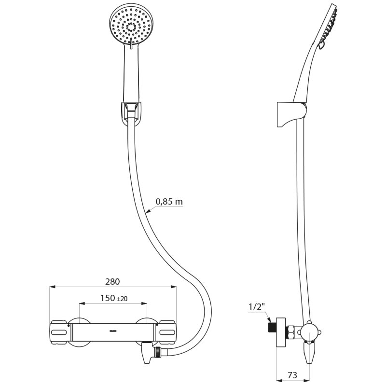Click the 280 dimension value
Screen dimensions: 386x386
click(112, 282)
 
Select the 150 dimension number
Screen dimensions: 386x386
click(108, 298)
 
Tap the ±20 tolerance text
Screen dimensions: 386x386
click(122, 299)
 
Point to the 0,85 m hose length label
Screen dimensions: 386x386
click(169, 202)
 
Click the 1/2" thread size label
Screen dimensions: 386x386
click(257, 306)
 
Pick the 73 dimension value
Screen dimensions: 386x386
click(292, 375)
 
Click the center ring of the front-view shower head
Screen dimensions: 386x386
click(131, 27)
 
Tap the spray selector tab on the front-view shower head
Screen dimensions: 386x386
click(131, 43)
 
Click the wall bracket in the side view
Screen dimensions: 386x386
click(292, 114)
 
